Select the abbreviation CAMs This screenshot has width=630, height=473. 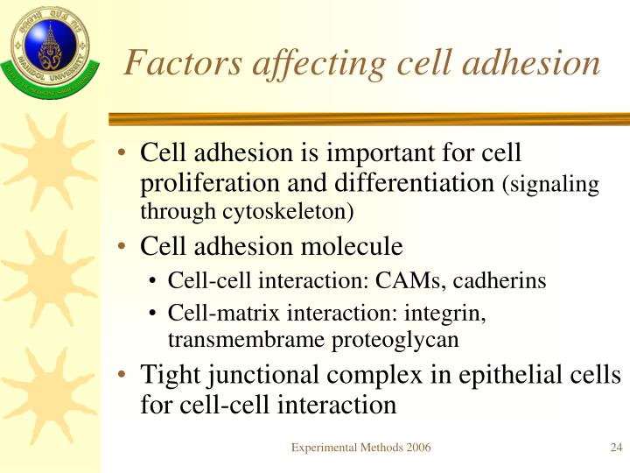pyautogui.click(x=400, y=281)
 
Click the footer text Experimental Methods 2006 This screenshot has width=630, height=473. pyautogui.click(x=360, y=448)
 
